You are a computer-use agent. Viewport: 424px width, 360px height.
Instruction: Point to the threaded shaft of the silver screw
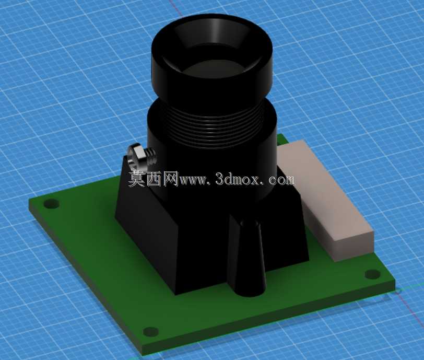(x=151, y=157)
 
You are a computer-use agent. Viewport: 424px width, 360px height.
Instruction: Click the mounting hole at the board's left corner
(x=51, y=204)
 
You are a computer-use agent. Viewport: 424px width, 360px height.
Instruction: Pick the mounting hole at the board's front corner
(x=150, y=332)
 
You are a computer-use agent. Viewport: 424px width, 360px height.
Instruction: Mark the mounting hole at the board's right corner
(x=373, y=274)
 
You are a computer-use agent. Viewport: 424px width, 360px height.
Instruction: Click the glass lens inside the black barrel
(x=211, y=68)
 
